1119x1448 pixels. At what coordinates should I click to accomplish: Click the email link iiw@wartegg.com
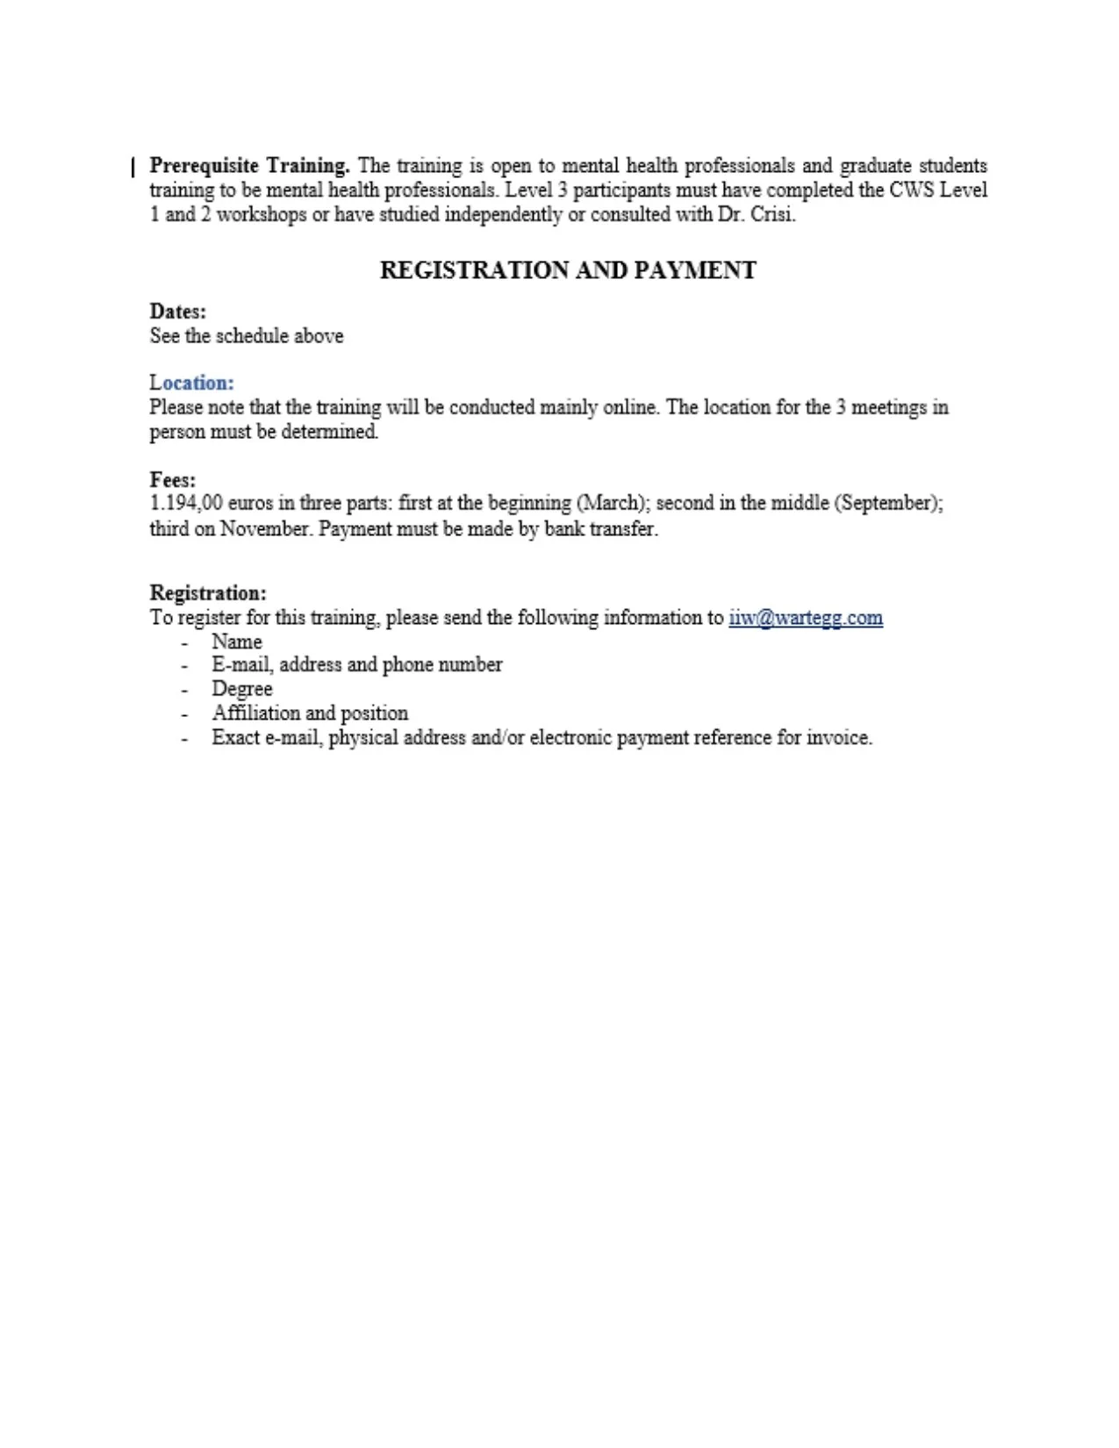coord(805,618)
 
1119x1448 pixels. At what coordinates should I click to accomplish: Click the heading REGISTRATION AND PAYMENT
coord(568,270)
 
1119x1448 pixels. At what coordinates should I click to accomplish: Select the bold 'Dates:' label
coord(178,312)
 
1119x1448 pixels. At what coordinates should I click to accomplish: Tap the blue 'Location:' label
coord(191,383)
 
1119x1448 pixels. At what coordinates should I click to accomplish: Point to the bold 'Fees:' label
coord(173,480)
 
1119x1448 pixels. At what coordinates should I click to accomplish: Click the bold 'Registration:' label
coord(208,593)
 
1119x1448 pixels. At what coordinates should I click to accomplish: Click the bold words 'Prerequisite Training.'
coord(249,166)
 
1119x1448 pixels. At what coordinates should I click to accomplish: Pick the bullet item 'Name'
coord(237,642)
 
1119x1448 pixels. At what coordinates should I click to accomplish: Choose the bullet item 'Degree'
coord(242,689)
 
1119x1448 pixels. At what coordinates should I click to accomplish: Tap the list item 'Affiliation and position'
coord(310,713)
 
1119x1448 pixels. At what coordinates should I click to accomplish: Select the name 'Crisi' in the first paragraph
coord(771,215)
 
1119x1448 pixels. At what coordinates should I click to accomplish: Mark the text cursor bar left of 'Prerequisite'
coord(133,167)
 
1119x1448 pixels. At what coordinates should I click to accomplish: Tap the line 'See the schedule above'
coord(247,336)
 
